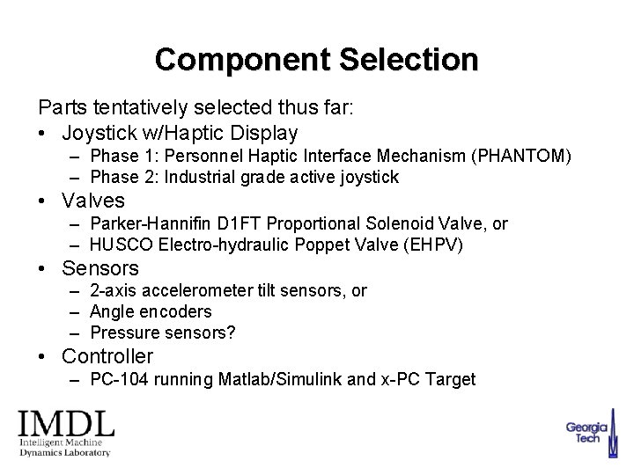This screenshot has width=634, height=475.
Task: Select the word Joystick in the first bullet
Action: pos(98,133)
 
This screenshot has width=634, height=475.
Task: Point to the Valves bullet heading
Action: pos(93,201)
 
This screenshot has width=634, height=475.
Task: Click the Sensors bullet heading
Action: pos(100,267)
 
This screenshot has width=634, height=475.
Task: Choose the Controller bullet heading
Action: pos(107,356)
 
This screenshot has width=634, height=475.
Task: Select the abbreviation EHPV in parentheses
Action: pos(431,244)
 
